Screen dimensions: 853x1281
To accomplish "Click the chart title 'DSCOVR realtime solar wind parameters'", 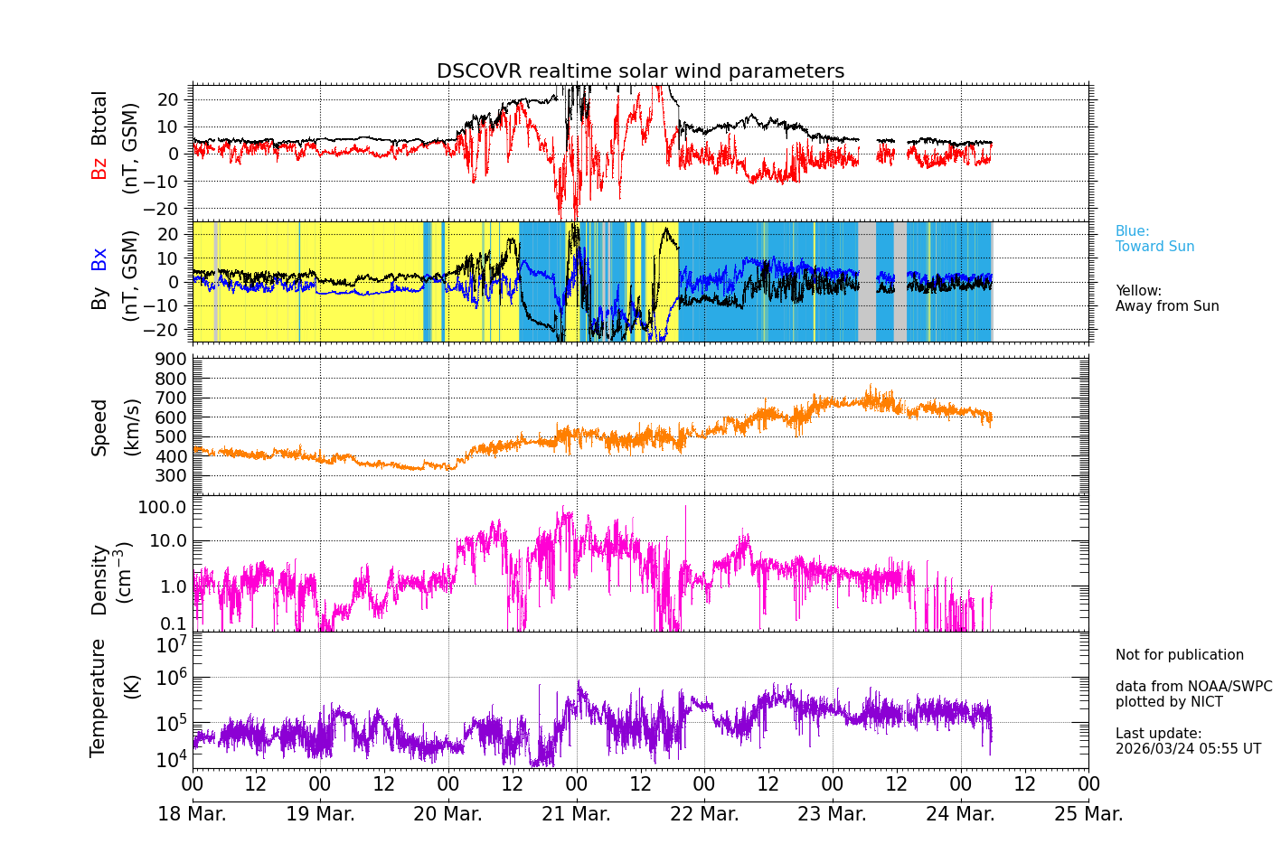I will click(x=640, y=71).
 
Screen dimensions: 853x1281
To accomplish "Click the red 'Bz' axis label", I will click(x=99, y=168).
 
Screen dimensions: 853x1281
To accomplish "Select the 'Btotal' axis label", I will click(x=99, y=118).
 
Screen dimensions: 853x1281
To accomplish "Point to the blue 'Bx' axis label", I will click(x=99, y=259).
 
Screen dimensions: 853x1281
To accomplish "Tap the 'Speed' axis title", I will click(x=99, y=427).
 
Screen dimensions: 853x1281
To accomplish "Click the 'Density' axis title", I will click(x=99, y=579).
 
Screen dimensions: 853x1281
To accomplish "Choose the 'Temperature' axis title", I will click(x=99, y=698).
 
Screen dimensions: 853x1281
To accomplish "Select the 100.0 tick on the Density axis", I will click(x=163, y=507).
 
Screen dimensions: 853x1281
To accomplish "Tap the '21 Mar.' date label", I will click(x=576, y=814).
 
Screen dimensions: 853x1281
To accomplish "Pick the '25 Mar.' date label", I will click(x=1088, y=814).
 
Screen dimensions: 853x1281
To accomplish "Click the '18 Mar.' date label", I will click(x=193, y=814).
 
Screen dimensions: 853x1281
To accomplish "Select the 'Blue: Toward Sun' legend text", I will click(x=1154, y=239).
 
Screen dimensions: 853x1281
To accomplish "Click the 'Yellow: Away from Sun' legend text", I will click(x=1167, y=299).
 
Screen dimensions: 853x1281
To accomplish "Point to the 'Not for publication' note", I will click(x=1179, y=655).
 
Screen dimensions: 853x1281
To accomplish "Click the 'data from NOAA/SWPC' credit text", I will click(x=1193, y=687).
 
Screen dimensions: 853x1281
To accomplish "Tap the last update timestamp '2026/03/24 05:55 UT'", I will click(x=1188, y=749).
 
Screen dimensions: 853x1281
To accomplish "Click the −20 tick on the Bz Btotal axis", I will click(x=167, y=209).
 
